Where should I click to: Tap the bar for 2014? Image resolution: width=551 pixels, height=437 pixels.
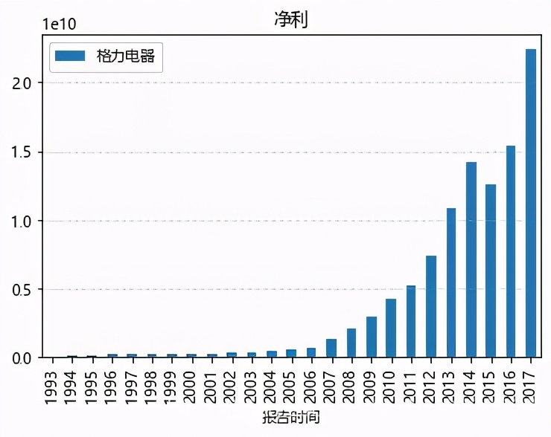pyautogui.click(x=471, y=259)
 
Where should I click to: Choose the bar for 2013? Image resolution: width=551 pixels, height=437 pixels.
pyautogui.click(x=450, y=282)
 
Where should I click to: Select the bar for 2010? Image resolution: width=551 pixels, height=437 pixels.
pyautogui.click(x=390, y=328)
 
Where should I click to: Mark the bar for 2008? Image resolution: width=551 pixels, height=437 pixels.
pyautogui.click(x=351, y=343)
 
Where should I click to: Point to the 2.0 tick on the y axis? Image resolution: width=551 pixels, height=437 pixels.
pyautogui.click(x=23, y=83)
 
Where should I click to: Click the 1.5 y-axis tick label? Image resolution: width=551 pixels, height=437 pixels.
pyautogui.click(x=23, y=152)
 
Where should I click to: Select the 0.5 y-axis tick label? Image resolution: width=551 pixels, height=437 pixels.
pyautogui.click(x=23, y=289)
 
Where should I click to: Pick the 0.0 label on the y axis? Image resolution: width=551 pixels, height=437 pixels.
pyautogui.click(x=23, y=357)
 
